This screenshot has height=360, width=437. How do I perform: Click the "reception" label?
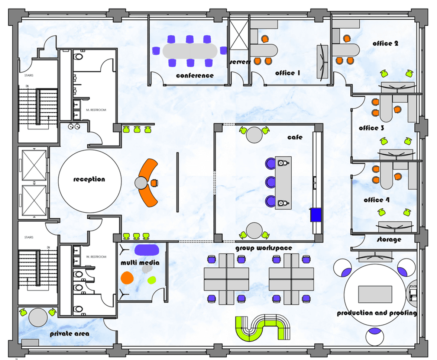[89, 179]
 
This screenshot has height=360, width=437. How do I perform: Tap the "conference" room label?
[195, 75]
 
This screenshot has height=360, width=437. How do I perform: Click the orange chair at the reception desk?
[154, 183]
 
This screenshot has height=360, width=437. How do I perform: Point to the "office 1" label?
[287, 73]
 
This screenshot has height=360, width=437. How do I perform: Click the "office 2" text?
[385, 44]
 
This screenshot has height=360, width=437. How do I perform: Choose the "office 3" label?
[371, 128]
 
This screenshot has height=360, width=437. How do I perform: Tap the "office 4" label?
[377, 200]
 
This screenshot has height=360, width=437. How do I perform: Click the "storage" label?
[389, 239]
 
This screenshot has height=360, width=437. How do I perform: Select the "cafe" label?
[295, 137]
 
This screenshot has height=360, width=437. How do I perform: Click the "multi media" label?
[140, 263]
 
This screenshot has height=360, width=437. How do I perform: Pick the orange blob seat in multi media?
[127, 277]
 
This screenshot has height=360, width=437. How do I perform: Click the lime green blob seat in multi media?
[152, 280]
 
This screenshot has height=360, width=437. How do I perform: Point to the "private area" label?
[69, 334]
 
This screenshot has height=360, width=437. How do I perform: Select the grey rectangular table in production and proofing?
[375, 294]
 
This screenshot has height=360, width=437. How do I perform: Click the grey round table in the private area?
[38, 317]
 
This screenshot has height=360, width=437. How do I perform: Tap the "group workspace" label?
[263, 248]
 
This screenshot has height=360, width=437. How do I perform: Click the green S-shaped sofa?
[263, 328]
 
